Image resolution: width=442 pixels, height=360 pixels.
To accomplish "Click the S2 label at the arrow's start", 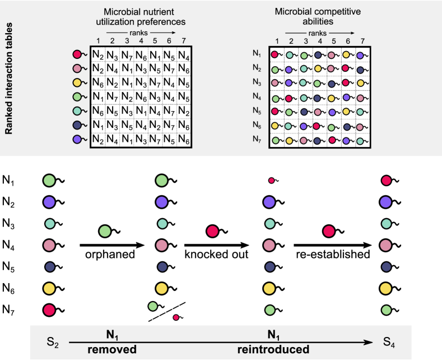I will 53,341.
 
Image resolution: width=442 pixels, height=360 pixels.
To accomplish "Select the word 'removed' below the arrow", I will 112,349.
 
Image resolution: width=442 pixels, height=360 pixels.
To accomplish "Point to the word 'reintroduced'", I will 273,349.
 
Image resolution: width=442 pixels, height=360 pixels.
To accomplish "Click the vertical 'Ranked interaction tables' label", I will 10,79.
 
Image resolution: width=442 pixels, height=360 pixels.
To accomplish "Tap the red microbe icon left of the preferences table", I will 77,54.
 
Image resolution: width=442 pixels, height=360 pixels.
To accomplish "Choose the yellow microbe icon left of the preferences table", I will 77,82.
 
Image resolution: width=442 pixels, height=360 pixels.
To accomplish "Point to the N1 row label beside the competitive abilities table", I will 258,54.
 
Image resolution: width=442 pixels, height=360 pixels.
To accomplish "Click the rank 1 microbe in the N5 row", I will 275,111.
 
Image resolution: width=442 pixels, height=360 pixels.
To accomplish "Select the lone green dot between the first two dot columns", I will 105,231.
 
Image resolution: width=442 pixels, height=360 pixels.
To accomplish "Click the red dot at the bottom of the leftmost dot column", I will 49,310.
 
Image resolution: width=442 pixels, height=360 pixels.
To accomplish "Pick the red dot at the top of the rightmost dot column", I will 385,181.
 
